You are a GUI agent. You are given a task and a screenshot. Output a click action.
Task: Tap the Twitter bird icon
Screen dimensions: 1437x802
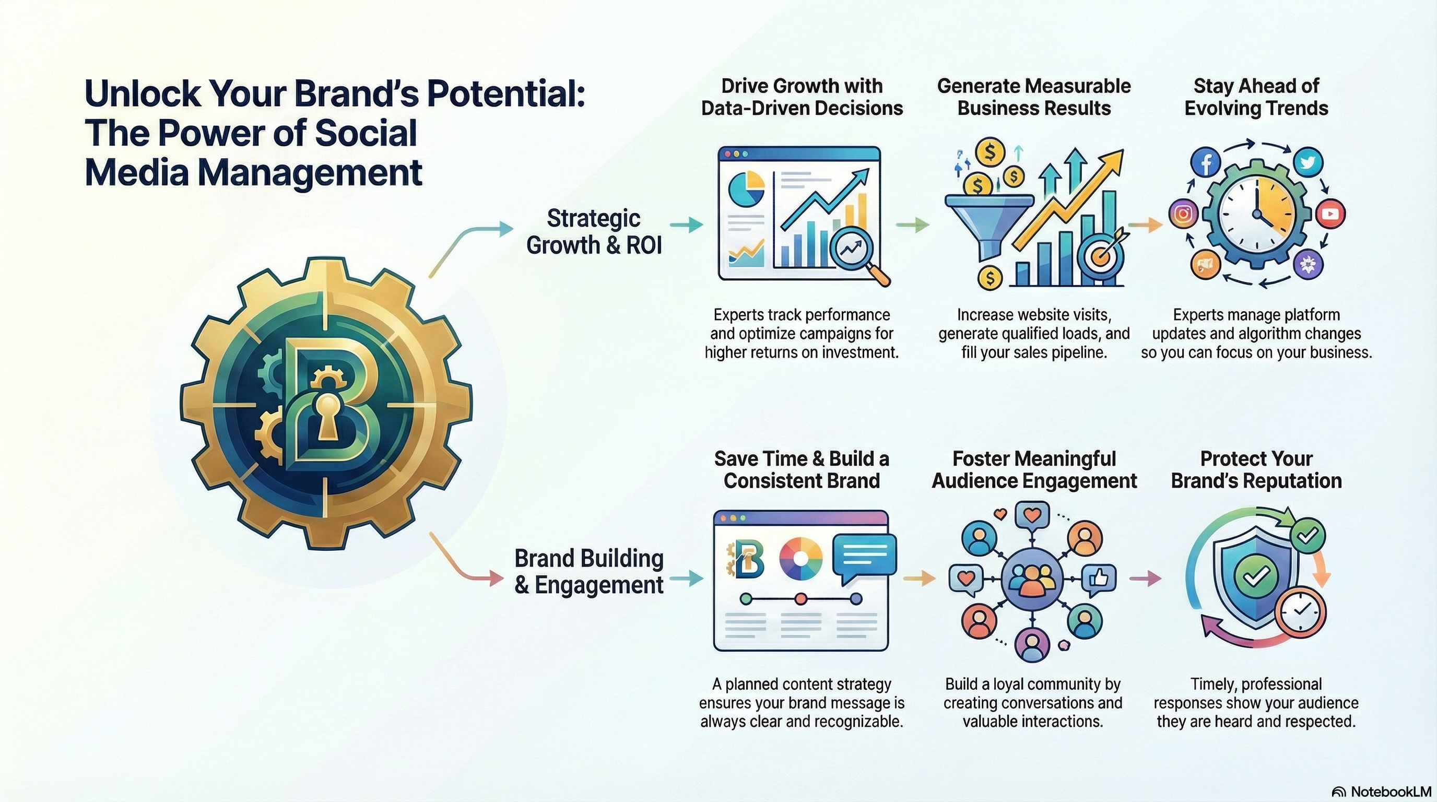click(x=1308, y=163)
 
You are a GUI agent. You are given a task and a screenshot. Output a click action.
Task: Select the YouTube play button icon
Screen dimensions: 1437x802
click(x=1330, y=214)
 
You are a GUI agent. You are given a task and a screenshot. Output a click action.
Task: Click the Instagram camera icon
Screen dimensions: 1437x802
click(x=1184, y=214)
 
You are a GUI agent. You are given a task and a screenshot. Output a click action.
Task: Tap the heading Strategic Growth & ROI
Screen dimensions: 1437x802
click(x=594, y=231)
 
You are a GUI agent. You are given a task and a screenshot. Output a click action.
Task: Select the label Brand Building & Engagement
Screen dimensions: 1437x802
click(x=589, y=571)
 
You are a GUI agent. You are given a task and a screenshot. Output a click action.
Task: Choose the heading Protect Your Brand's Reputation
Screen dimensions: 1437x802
click(x=1256, y=469)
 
